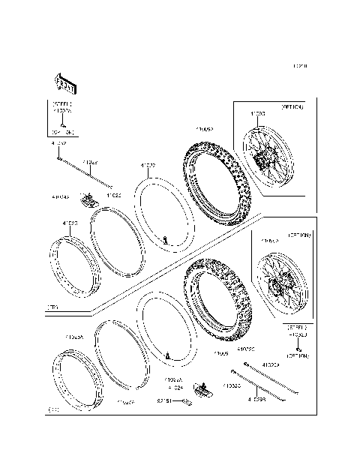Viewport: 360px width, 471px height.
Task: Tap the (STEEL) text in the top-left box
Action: tap(61, 103)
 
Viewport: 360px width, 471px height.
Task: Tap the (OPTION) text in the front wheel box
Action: tap(292, 108)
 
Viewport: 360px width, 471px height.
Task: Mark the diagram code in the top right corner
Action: tap(299, 67)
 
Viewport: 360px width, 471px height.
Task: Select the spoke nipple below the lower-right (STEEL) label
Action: tap(298, 349)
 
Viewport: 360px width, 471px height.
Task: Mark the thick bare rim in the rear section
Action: tap(76, 385)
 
